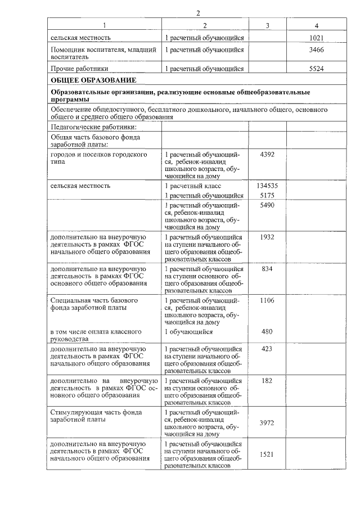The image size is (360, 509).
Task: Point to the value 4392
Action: pyautogui.click(x=267, y=155)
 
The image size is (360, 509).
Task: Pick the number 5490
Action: pyautogui.click(x=267, y=206)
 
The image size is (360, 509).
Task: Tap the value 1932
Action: pyautogui.click(x=267, y=237)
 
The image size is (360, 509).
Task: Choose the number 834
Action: pyautogui.click(x=267, y=269)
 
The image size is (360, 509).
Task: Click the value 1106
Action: pyautogui.click(x=267, y=301)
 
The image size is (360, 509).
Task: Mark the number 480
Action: pyautogui.click(x=267, y=332)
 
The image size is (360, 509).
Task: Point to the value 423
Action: pyautogui.click(x=267, y=349)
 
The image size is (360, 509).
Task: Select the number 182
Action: pyautogui.click(x=267, y=381)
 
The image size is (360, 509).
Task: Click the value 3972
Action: pyautogui.click(x=267, y=422)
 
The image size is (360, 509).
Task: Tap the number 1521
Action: pyautogui.click(x=267, y=454)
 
